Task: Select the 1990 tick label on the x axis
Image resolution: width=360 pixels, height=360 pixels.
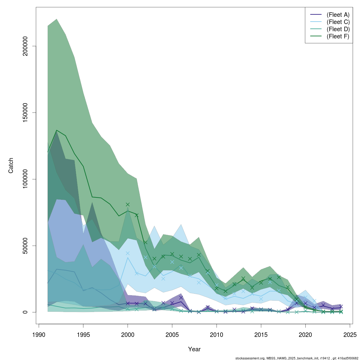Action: pos(39,334)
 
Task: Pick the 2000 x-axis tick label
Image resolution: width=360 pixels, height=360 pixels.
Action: pos(128,334)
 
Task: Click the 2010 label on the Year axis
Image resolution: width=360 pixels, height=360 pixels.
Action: pos(217,334)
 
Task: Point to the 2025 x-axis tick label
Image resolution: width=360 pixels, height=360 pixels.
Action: pos(350,334)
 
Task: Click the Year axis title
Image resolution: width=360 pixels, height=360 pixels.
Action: pos(194,349)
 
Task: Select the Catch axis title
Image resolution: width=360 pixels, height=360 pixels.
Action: pos(11,166)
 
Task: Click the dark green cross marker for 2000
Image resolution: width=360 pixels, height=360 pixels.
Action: pos(128,205)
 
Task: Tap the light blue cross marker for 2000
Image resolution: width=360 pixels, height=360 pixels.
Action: pos(128,253)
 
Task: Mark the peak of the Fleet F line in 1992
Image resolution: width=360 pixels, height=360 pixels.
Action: pos(57,130)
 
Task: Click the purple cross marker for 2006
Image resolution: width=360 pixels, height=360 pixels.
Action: pos(181,298)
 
